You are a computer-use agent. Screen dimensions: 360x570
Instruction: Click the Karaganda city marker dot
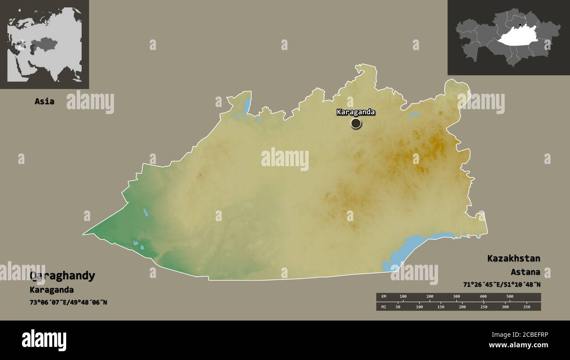tap(356, 123)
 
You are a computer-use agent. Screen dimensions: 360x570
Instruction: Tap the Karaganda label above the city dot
tap(356, 112)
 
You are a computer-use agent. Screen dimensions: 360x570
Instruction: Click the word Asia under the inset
tap(44, 101)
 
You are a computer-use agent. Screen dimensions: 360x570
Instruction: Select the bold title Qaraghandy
tap(62, 276)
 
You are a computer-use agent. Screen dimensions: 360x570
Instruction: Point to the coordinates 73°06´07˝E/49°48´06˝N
tap(68, 303)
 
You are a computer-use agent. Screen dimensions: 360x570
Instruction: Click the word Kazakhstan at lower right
tap(513, 258)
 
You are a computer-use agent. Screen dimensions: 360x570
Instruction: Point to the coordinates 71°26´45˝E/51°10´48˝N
tap(502, 285)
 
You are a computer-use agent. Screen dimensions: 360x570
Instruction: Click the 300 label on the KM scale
tap(456, 296)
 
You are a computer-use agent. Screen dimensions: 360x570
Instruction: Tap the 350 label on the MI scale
tap(527, 307)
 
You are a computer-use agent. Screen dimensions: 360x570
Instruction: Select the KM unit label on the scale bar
tap(384, 296)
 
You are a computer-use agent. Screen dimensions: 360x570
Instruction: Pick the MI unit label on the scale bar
tap(384, 307)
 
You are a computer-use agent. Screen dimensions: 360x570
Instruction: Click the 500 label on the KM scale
tap(510, 296)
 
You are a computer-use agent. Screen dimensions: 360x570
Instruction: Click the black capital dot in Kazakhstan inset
tap(520, 25)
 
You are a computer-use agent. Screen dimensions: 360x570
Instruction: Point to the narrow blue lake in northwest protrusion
tap(247, 105)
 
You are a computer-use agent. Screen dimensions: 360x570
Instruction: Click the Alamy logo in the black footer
tap(44, 340)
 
